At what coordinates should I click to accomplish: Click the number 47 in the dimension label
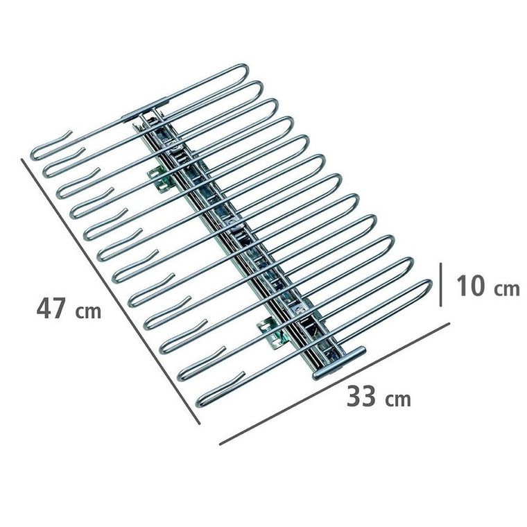[x=50, y=309]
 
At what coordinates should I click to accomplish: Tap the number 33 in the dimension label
[x=361, y=397]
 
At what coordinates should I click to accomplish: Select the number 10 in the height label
[x=470, y=286]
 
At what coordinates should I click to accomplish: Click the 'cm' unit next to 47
[x=88, y=311]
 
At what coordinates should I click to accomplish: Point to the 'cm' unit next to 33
[x=398, y=399]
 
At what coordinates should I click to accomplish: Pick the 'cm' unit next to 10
[x=507, y=288]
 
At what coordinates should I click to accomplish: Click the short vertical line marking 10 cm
[x=440, y=285]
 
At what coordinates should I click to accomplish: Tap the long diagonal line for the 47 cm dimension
[x=110, y=291]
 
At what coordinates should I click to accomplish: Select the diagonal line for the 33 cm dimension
[x=334, y=383]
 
